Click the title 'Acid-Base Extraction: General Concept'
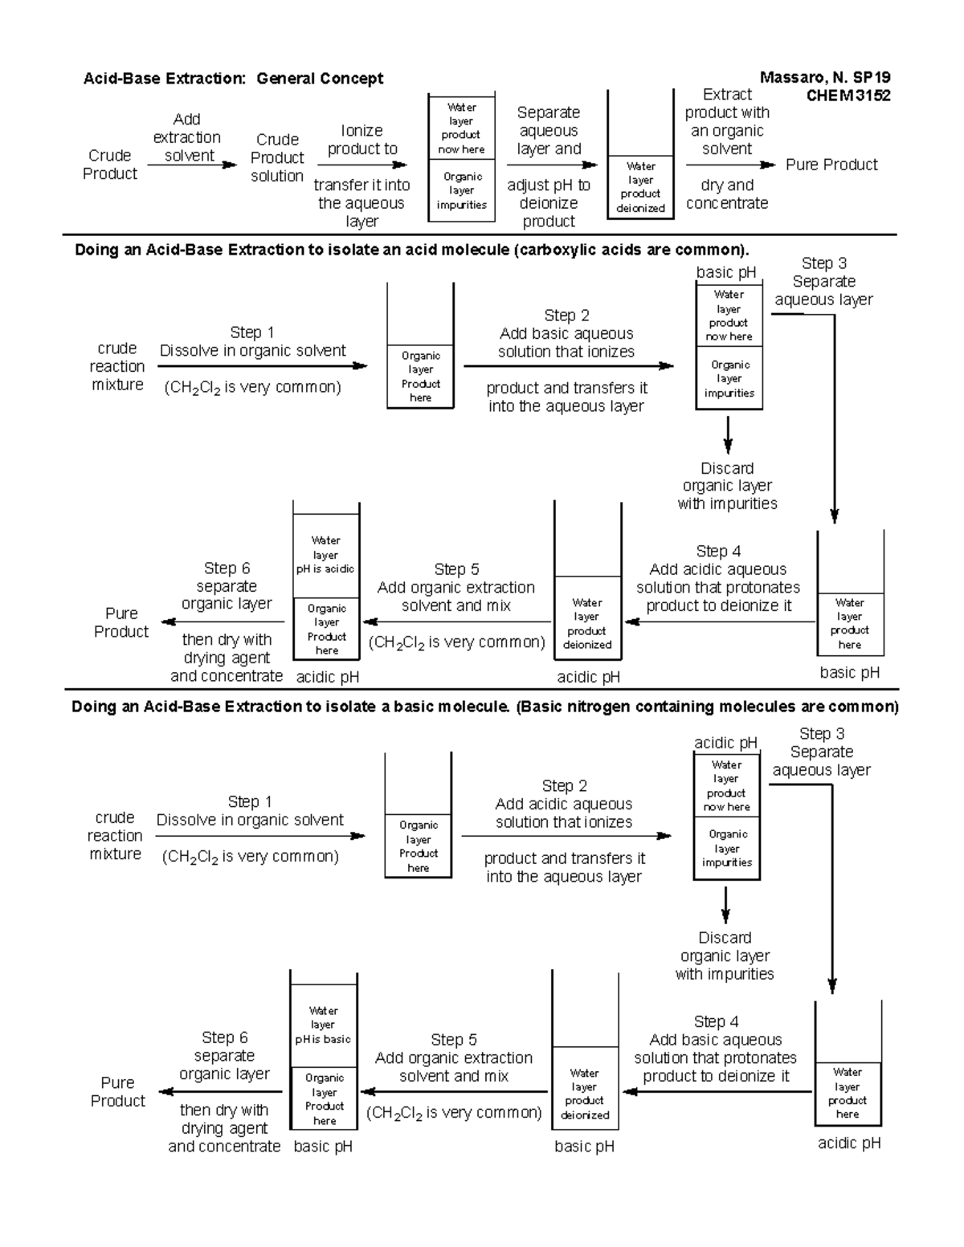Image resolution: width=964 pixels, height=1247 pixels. [233, 79]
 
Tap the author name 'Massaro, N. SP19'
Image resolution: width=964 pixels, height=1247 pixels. [825, 78]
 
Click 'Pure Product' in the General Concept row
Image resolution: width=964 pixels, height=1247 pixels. [831, 165]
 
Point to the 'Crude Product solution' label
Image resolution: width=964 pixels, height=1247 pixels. [277, 157]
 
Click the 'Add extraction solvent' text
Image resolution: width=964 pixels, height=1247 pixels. [187, 137]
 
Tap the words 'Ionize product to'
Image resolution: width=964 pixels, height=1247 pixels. [362, 140]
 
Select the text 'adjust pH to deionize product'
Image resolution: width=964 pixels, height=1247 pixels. [549, 203]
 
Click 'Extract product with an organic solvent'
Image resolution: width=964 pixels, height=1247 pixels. [727, 121]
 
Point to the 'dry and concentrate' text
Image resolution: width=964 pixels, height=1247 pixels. [727, 194]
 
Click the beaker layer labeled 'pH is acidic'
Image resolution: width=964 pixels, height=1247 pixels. [325, 555]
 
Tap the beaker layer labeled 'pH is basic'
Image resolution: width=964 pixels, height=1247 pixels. [323, 1025]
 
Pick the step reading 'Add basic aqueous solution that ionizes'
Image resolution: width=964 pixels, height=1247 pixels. [566, 334]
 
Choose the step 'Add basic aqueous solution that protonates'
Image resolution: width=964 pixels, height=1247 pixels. [716, 1049]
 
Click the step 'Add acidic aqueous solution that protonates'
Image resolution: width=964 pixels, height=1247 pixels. [718, 578]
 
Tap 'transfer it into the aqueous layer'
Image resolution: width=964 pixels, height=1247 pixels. [361, 203]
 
